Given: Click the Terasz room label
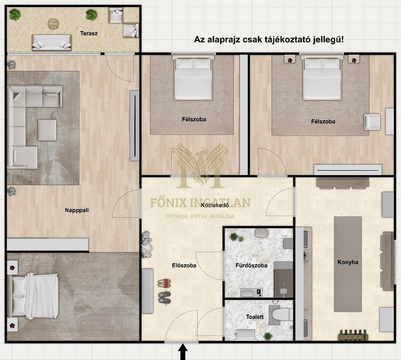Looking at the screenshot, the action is [89, 33].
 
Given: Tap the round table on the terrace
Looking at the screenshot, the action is [53, 24].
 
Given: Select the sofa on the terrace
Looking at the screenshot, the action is [52, 42].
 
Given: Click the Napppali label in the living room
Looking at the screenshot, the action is [77, 210].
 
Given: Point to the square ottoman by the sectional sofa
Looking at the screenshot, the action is [47, 130].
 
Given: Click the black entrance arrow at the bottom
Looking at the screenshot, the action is [182, 352].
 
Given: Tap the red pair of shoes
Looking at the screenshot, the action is [164, 283].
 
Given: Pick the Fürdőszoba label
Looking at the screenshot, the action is [251, 265].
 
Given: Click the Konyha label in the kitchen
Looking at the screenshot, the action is [348, 262].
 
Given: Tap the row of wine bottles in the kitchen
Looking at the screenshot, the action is [353, 335].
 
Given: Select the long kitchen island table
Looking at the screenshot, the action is [348, 264].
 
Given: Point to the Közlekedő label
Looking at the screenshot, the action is [215, 205].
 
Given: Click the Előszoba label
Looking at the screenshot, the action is [184, 265].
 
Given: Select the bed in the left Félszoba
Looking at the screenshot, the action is [193, 78].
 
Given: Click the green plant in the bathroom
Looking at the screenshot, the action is [234, 237].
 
